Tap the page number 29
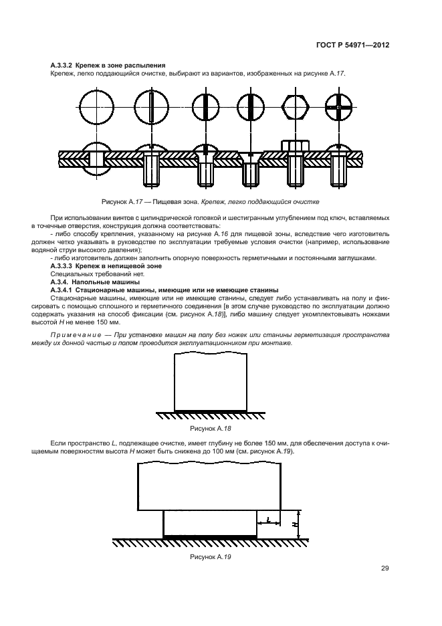point(385,568)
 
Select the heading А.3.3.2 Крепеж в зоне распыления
point(108,65)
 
